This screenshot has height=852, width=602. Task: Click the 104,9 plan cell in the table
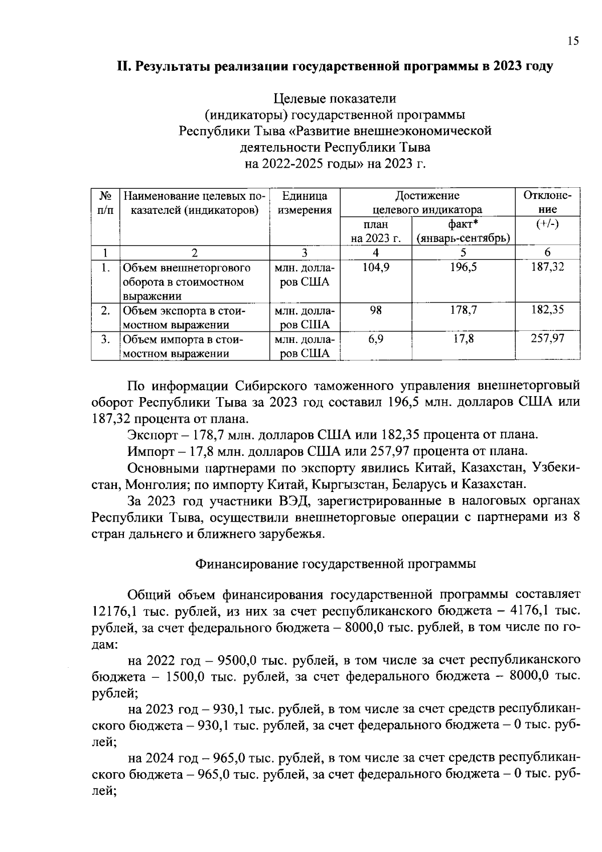[x=376, y=268]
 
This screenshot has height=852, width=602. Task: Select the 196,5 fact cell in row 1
[x=463, y=268]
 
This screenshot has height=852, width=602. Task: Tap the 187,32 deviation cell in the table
[x=547, y=267]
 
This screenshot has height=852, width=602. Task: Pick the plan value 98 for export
[x=376, y=311]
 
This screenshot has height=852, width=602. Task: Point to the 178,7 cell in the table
[x=463, y=311]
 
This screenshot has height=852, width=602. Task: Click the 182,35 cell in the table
[x=547, y=310]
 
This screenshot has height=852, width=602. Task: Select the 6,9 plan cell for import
[x=376, y=339]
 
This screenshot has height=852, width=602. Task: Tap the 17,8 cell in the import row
[x=463, y=339]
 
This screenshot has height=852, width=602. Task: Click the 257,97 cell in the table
[x=547, y=339]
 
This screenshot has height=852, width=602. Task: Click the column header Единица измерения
[x=305, y=203]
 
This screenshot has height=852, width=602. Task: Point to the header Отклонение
[x=547, y=202]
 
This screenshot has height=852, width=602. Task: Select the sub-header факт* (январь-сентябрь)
[x=463, y=231]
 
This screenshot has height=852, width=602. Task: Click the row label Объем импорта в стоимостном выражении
[x=183, y=346]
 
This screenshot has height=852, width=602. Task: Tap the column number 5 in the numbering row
[x=463, y=253]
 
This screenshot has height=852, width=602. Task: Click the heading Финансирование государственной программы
[x=335, y=564]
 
